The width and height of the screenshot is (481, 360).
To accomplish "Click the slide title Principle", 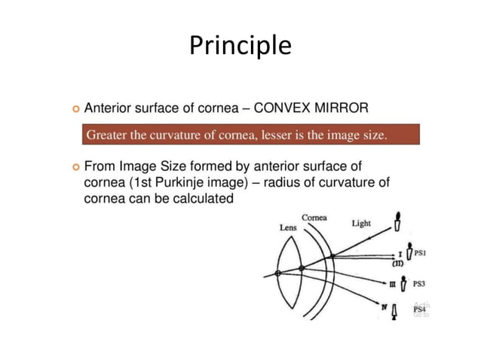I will pos(240,46).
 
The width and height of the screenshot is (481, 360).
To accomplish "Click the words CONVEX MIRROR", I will pos(311,108).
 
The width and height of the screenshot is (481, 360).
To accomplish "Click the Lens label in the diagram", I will pos(288,227).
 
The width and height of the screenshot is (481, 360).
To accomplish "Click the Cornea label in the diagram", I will pos(314,218).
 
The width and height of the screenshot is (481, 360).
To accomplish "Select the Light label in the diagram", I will pos(362,223).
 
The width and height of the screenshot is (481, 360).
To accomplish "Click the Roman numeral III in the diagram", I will pos(392,285).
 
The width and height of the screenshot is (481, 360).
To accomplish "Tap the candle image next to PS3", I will pos(407,283).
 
